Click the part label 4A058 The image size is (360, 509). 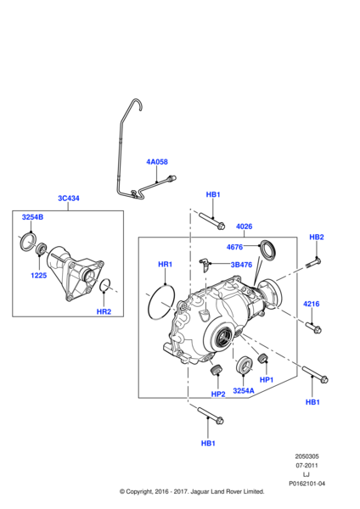click(x=157, y=162)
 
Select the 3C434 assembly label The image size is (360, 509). click(x=69, y=199)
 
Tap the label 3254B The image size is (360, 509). click(x=32, y=217)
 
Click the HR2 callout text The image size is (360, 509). click(x=103, y=312)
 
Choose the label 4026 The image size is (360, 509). click(x=245, y=226)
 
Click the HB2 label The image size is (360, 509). click(x=317, y=237)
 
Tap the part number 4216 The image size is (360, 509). click(x=312, y=304)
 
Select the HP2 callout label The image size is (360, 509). click(x=218, y=394)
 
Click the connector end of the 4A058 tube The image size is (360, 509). click(x=172, y=177)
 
